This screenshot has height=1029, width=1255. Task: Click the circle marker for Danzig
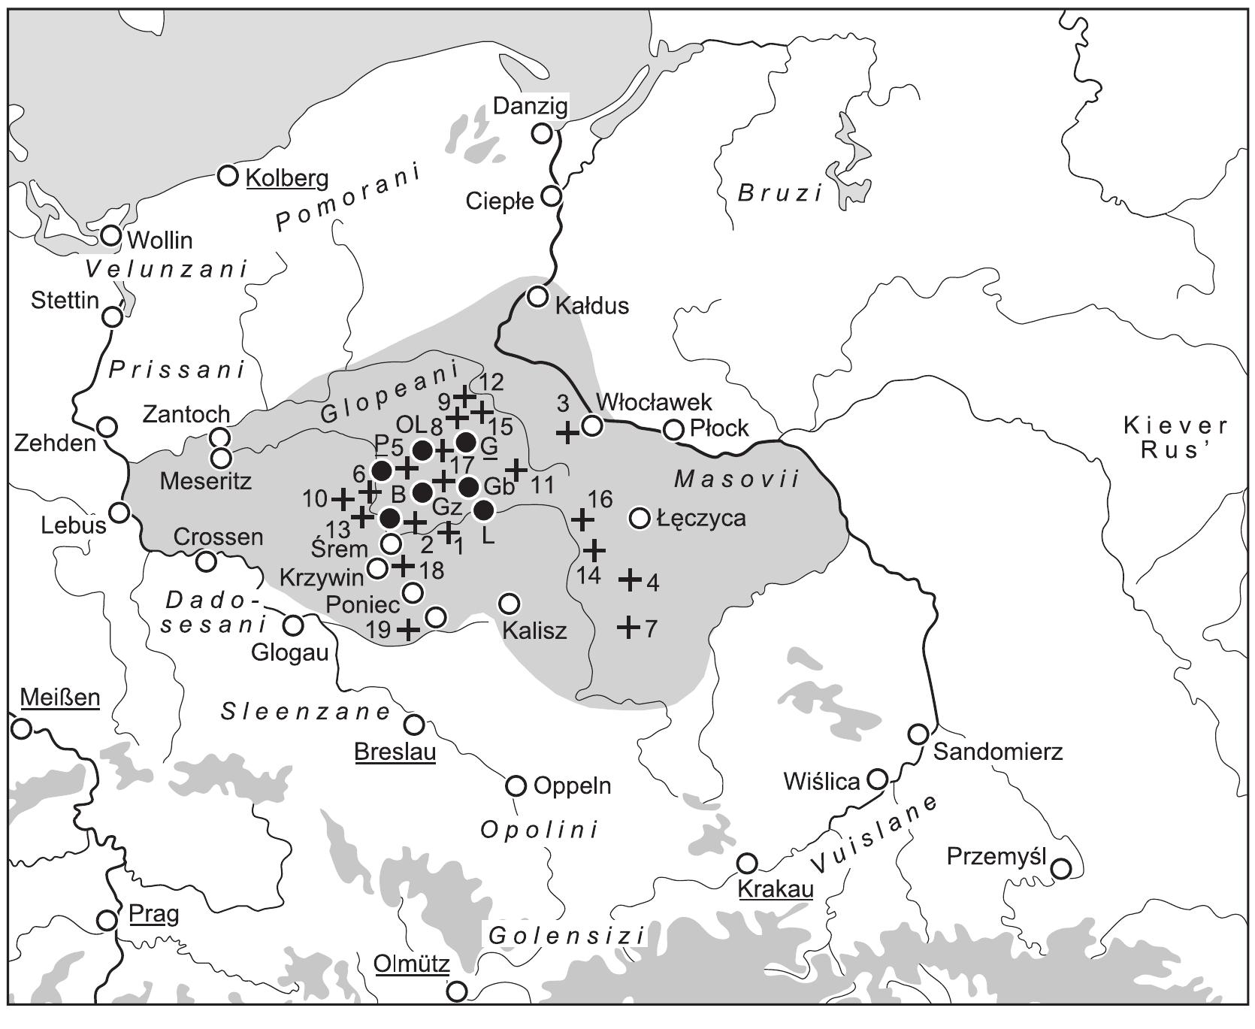tap(541, 134)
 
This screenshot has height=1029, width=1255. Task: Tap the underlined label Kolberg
tap(287, 178)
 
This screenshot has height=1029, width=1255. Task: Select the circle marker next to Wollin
tap(111, 235)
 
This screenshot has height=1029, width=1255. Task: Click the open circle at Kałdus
tap(537, 296)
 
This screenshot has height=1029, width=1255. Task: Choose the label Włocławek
tap(653, 402)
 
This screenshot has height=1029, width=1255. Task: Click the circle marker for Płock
tap(674, 430)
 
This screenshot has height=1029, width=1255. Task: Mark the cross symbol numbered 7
tap(628, 626)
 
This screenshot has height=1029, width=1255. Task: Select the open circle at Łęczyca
tap(640, 518)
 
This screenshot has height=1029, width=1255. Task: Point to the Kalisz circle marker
tap(509, 603)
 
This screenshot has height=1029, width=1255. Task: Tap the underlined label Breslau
tap(395, 751)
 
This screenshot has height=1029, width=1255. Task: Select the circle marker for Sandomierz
tap(918, 734)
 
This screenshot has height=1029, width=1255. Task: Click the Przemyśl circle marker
tap(1060, 868)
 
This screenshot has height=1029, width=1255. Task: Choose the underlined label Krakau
tap(776, 889)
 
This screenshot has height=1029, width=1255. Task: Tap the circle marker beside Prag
tap(107, 920)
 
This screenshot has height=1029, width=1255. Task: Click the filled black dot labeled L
tap(484, 510)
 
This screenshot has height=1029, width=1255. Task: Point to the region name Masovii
tap(736, 479)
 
